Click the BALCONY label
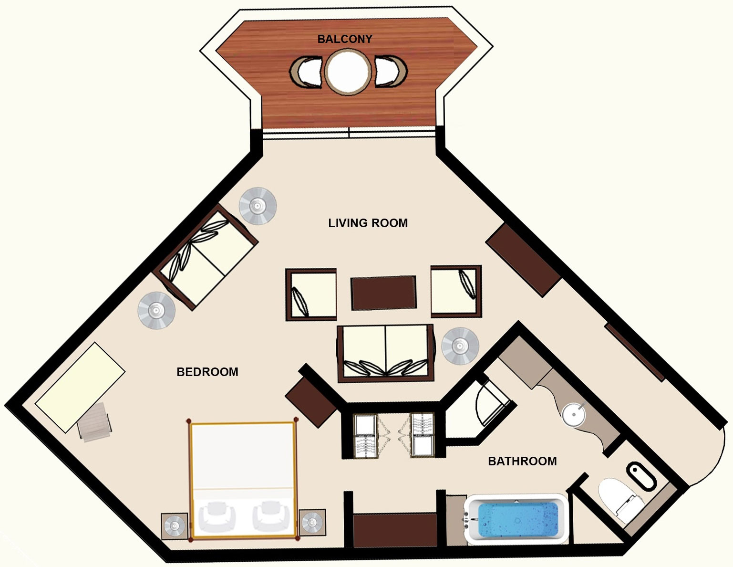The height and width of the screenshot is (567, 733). click(x=345, y=39)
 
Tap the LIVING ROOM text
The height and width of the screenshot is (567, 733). click(x=368, y=223)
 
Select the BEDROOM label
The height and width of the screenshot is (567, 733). click(x=207, y=372)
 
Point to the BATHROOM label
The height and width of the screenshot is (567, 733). click(x=522, y=462)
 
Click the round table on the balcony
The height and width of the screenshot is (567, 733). click(x=348, y=72)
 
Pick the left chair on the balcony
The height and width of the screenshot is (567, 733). click(x=306, y=72)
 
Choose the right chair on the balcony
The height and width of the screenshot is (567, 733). click(x=391, y=71)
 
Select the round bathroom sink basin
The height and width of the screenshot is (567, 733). click(x=573, y=414)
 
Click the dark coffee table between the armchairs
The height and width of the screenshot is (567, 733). click(x=383, y=293)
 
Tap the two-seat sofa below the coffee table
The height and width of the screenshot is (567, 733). click(x=385, y=353)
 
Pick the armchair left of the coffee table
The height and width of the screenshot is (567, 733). click(x=311, y=294)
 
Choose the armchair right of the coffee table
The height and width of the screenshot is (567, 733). click(x=456, y=292)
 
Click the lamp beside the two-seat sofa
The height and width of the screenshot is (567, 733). click(x=460, y=346)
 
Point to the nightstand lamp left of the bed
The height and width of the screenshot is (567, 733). click(x=175, y=526)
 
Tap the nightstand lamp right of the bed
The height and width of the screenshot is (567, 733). click(x=312, y=523)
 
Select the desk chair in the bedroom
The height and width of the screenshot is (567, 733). click(x=95, y=421)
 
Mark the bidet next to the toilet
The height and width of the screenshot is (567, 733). click(x=641, y=475)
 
